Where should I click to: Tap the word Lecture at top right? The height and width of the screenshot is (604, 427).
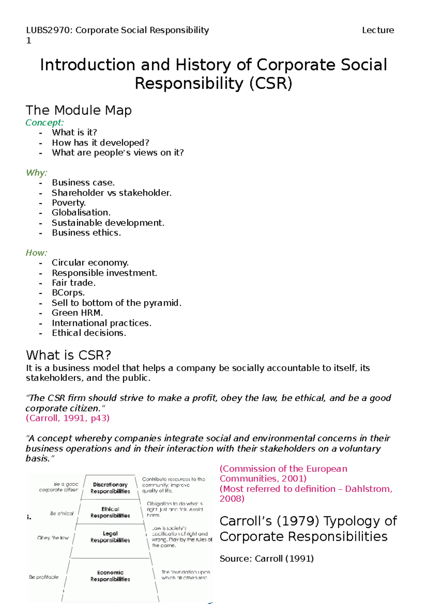click(378, 30)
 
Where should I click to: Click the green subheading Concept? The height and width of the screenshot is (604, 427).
click(44, 123)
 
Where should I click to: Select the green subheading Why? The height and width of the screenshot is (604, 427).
click(36, 173)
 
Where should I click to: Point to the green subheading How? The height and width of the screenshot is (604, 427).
click(36, 253)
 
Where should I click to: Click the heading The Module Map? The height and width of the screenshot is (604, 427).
click(79, 110)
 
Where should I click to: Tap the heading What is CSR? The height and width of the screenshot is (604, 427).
click(68, 355)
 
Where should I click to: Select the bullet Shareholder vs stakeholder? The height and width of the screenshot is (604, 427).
click(111, 193)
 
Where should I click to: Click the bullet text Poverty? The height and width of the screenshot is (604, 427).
click(69, 203)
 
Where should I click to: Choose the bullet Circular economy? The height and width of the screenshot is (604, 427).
click(90, 263)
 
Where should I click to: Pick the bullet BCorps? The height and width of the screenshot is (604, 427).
click(68, 293)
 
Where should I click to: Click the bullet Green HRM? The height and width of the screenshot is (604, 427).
click(77, 313)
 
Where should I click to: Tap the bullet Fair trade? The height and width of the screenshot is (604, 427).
click(74, 283)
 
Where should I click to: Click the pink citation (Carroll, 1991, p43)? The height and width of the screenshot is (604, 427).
click(68, 418)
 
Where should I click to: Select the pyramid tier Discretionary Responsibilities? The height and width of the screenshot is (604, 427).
click(110, 488)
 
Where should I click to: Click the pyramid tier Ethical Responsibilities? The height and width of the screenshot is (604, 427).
click(110, 512)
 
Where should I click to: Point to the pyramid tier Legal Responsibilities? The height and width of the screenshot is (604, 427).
click(110, 537)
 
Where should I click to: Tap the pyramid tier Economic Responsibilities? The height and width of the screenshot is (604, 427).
click(110, 576)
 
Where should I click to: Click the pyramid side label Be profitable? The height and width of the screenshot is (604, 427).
click(44, 577)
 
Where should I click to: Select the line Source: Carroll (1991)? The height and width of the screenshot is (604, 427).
click(267, 558)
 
